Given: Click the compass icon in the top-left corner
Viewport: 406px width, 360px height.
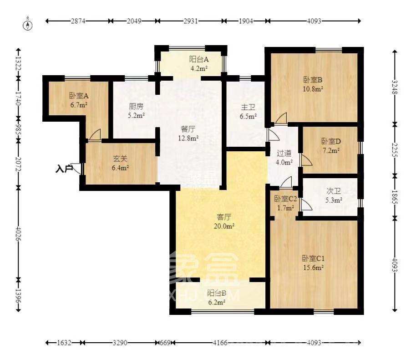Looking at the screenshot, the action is point(28,25).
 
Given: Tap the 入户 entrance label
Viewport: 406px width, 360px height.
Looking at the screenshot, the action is point(64,169).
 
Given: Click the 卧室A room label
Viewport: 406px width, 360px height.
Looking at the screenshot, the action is point(79,96).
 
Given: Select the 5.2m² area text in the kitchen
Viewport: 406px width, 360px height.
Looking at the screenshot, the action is point(137,116).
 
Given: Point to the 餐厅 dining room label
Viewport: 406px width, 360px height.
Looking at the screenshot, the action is point(188,129).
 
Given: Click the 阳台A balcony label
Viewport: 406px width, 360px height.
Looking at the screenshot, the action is point(199,59).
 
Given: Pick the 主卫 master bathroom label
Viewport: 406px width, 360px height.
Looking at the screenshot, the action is point(248,107).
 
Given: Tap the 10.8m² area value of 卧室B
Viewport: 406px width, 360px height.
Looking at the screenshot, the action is point(313,89).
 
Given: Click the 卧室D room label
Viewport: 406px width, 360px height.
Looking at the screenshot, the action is point(331,141).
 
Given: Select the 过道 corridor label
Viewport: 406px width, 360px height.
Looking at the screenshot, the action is point(284,153).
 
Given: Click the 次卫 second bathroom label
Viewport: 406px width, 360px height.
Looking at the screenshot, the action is point(334,191).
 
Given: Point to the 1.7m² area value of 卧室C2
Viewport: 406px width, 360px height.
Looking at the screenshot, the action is point(285,208).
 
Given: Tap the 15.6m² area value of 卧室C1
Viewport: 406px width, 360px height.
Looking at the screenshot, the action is point(313,267).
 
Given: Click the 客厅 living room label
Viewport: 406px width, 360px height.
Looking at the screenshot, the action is point(224,216).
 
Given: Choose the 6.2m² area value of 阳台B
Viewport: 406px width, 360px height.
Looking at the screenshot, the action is point(217,302).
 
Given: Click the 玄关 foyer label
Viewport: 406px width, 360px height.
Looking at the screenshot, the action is point(121,159).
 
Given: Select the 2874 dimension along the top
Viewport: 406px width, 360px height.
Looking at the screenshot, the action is point(78,21).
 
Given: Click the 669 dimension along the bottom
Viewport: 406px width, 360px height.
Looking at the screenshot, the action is point(165,343).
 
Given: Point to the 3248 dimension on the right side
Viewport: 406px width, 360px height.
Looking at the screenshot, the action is point(395,87).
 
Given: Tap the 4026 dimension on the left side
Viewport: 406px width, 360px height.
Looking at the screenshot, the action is point(18,234).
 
